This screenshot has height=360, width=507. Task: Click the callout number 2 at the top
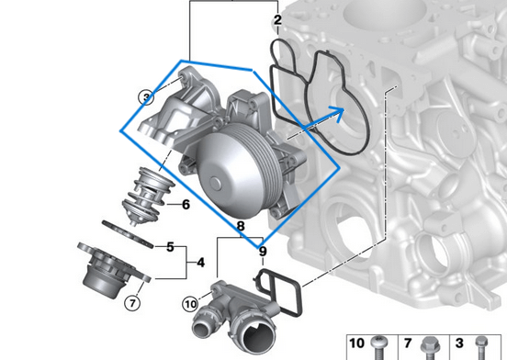coord(277,19)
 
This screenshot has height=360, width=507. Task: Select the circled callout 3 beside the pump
coord(145,96)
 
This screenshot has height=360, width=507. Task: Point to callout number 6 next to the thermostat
coord(186,205)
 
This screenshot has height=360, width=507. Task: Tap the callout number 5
coord(170,247)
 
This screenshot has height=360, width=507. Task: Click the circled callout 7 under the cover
coord(131,301)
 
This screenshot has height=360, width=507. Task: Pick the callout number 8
coord(240,225)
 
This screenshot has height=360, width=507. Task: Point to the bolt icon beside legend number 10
coord(380,347)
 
